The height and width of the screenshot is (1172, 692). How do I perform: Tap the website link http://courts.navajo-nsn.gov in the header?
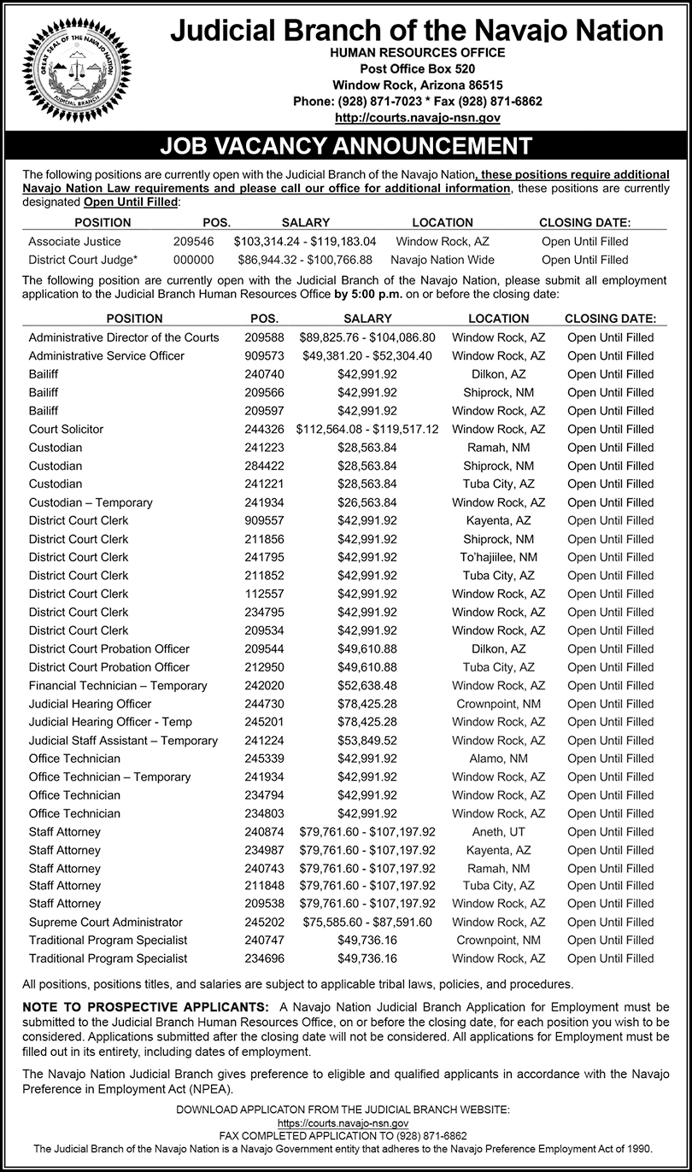tap(418, 117)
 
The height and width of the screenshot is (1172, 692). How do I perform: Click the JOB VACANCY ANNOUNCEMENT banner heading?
tap(346, 145)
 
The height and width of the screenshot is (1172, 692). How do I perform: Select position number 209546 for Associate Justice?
tap(193, 242)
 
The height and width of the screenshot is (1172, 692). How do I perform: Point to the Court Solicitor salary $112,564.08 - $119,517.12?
tap(367, 429)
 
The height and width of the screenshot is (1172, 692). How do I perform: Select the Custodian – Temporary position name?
tap(91, 502)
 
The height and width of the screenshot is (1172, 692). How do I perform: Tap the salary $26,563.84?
tap(367, 502)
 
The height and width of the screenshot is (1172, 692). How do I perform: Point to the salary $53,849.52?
tap(367, 741)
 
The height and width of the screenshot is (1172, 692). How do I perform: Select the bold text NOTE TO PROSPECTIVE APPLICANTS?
tap(146, 1007)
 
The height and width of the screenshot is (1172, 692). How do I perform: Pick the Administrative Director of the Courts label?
tap(124, 337)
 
